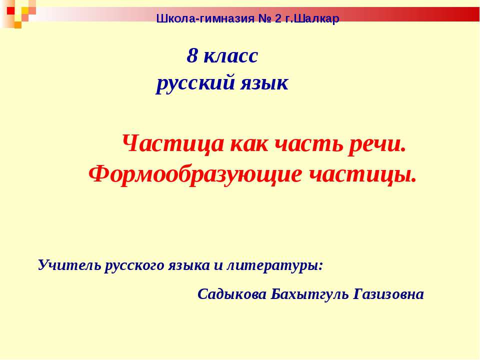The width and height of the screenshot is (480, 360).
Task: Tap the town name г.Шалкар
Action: (x=315, y=19)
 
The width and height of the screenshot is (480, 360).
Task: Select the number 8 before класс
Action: (x=192, y=56)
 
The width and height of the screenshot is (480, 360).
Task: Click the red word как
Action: (x=247, y=144)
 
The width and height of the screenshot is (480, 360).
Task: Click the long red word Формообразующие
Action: (x=195, y=174)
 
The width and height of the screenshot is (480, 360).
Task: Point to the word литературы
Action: (x=275, y=265)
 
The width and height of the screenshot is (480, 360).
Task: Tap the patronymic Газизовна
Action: (x=388, y=294)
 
